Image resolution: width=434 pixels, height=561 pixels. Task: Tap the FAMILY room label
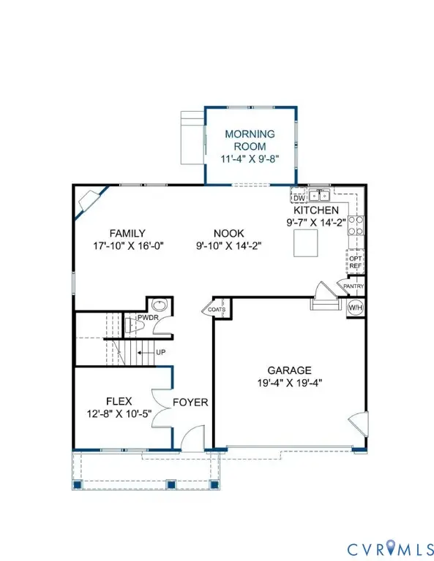127,234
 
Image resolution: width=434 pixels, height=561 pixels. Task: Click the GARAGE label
289,370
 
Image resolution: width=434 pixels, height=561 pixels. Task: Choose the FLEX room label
119,401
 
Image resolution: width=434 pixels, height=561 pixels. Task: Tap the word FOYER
190,402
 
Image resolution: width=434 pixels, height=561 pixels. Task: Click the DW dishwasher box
298,197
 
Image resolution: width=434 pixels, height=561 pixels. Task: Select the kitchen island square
305,243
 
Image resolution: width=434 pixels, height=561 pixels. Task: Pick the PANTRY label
353,286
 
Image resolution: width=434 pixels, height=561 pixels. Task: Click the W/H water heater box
355,308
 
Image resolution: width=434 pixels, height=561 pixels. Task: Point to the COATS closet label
217,309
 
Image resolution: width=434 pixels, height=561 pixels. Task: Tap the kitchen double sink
319,195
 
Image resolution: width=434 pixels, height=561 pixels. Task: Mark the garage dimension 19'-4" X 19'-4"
289,383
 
